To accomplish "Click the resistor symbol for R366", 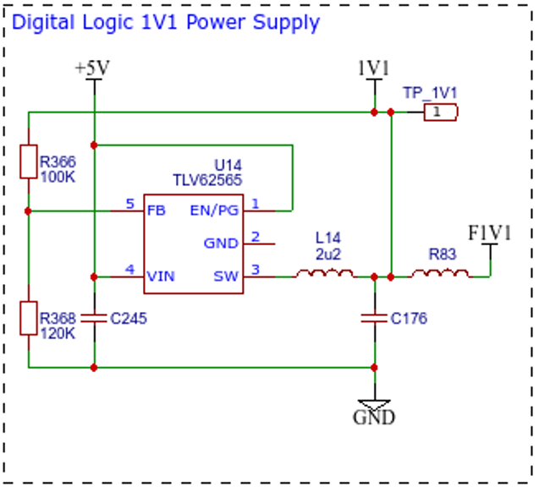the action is click(29, 161).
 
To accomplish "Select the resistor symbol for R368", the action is click(29, 318).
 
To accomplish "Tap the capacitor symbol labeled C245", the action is click(94, 319).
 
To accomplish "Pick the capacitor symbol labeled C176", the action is click(374, 319).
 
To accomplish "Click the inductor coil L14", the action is click(325, 274).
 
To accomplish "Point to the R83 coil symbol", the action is click(440, 274).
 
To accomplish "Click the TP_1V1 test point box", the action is click(441, 112).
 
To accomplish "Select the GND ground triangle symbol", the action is click(374, 404).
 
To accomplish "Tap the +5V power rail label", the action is click(92, 68).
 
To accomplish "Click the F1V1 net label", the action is click(490, 233).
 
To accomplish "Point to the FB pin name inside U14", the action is click(157, 211).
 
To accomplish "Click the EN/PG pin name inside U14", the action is click(214, 211).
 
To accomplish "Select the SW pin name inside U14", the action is click(226, 276).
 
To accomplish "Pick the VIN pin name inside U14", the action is click(161, 276).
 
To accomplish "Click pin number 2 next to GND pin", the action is click(256, 237).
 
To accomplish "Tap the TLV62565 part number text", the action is click(207, 180).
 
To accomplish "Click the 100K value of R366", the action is click(58, 178).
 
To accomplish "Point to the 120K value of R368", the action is click(58, 333).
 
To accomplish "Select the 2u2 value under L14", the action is click(328, 254).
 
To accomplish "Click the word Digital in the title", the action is click(43, 22).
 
